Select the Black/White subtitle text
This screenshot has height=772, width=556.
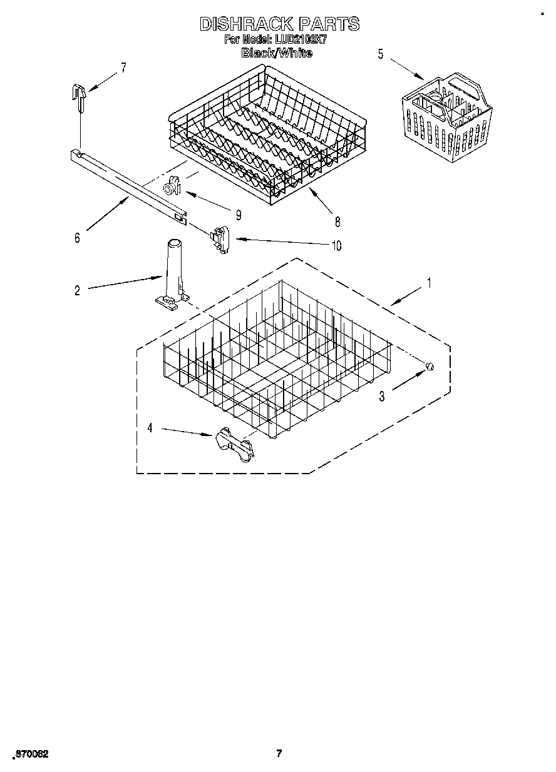[277, 53]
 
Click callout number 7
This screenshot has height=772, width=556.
[123, 68]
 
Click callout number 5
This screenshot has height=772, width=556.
[380, 54]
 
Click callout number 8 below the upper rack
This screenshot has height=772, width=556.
[337, 221]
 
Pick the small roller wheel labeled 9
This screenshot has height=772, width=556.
[172, 186]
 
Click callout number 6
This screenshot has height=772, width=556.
[77, 238]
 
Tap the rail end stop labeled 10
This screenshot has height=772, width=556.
[221, 240]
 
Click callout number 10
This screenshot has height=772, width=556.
[336, 246]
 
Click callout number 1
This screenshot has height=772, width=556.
[428, 283]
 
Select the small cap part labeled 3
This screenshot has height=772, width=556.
[430, 367]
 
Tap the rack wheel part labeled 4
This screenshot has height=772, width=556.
[233, 445]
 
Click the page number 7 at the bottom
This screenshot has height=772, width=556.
[279, 753]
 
